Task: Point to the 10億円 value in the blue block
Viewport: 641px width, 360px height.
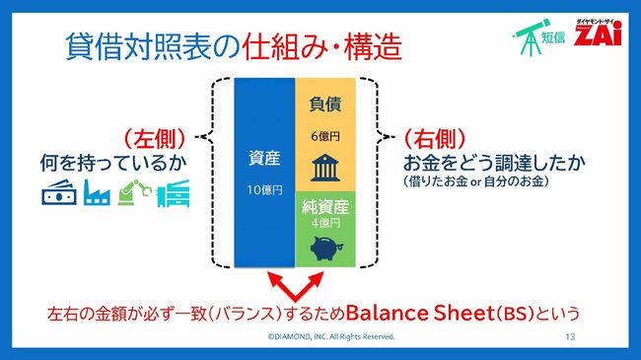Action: coord(263,188)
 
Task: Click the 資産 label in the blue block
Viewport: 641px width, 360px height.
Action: coord(263,158)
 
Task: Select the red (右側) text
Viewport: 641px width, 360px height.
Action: coord(435,137)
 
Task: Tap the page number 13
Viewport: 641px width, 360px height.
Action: coord(570,337)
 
